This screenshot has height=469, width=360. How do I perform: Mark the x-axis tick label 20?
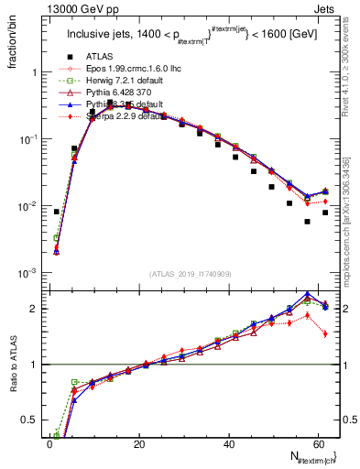tap(139, 444)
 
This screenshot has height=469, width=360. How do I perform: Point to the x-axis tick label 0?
tap(50, 444)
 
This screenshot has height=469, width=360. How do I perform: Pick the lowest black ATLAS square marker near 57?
tap(307, 222)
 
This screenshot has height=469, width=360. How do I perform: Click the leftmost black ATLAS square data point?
tap(57, 212)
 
